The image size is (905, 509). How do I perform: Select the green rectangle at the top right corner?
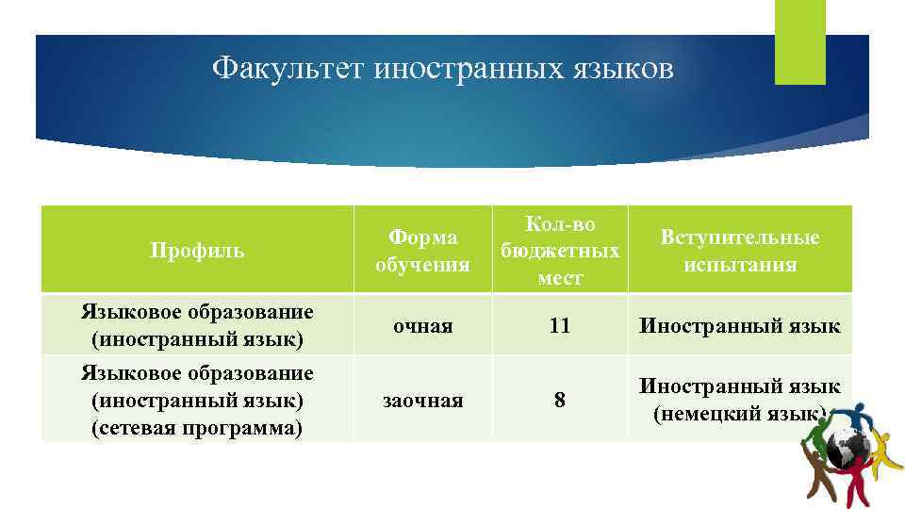pyautogui.click(x=799, y=42)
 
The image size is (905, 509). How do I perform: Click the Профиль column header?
pyautogui.click(x=197, y=251)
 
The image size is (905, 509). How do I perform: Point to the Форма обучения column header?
pyautogui.click(x=422, y=251)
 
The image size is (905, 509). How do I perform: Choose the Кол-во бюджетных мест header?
pyautogui.click(x=560, y=251)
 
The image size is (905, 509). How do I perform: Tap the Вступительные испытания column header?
pyautogui.click(x=740, y=251)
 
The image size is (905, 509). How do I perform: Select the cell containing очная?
pyautogui.click(x=422, y=326)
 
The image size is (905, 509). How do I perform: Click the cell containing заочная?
pyautogui.click(x=422, y=401)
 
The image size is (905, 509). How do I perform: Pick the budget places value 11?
pyautogui.click(x=560, y=326)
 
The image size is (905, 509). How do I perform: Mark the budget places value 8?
pyautogui.click(x=560, y=401)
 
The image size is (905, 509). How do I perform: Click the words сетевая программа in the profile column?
pyautogui.click(x=197, y=429)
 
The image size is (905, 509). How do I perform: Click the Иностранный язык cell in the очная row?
pyautogui.click(x=740, y=326)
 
